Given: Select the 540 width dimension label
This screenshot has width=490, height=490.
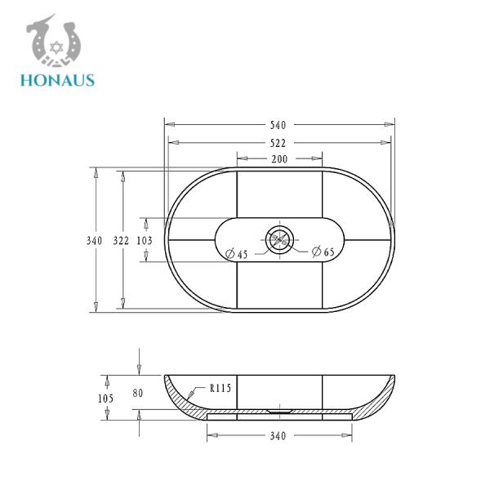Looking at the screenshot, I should [x=278, y=125].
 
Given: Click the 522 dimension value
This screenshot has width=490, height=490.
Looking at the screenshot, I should [x=278, y=142].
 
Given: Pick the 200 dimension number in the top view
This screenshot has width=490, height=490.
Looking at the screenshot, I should [x=278, y=158].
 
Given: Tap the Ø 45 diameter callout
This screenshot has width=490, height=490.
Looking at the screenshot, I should [x=236, y=254].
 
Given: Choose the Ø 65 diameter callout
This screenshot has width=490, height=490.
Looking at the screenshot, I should [x=323, y=252].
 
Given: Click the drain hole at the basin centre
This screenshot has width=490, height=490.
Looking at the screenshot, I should [x=278, y=240].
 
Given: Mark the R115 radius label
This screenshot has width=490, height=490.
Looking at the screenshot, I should [x=220, y=389].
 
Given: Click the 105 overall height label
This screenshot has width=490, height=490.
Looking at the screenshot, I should [x=105, y=398].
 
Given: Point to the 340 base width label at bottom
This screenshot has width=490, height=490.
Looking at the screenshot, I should [x=278, y=436].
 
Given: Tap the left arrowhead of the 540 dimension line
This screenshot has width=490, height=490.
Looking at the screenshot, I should [x=169, y=125].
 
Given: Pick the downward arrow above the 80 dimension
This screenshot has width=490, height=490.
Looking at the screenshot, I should [x=139, y=368].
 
